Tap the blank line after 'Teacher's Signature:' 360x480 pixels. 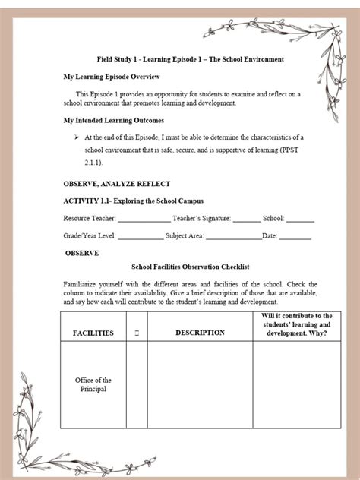click(x=246, y=219)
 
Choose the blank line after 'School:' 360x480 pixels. click(x=300, y=219)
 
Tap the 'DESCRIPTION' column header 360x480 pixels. click(x=200, y=333)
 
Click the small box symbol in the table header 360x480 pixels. click(x=136, y=333)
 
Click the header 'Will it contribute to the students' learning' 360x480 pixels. click(x=297, y=324)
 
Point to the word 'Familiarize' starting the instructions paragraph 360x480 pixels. click(x=82, y=283)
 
